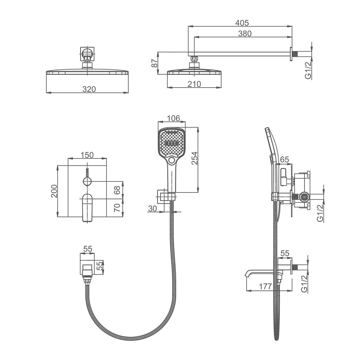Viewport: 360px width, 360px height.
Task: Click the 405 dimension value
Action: click(x=242, y=23)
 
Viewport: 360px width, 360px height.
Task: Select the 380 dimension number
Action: click(x=245, y=33)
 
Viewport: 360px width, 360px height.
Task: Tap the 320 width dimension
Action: click(x=89, y=89)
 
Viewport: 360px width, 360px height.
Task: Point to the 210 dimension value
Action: click(x=194, y=84)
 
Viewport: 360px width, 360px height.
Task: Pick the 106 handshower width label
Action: click(x=173, y=118)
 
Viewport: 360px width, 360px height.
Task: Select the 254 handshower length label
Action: click(x=194, y=158)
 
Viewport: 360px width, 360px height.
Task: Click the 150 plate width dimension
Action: click(x=87, y=155)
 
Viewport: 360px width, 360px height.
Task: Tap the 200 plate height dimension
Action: click(x=54, y=191)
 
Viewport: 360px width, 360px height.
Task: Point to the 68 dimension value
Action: click(x=117, y=190)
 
